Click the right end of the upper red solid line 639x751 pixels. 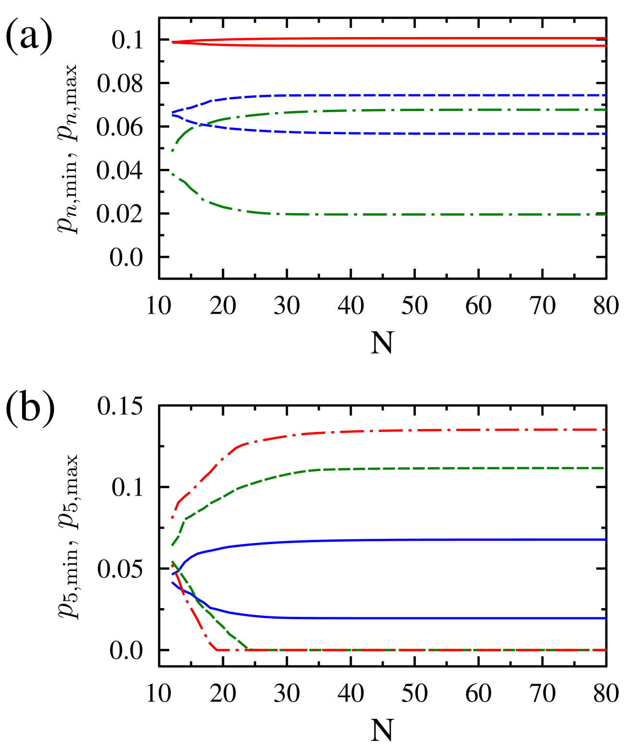pos(605,38)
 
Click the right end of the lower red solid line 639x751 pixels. pos(605,46)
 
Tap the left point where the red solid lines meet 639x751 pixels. pos(173,42)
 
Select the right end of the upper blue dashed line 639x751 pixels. pos(605,95)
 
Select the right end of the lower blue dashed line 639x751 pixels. pos(605,134)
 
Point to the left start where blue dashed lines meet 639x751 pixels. pos(173,113)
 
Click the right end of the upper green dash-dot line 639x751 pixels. pos(605,110)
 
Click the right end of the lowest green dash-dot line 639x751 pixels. pos(605,215)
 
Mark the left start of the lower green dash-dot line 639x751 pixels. pos(173,174)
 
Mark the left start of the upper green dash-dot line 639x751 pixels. pos(173,151)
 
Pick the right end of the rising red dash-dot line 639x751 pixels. pos(605,429)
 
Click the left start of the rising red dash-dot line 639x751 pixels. pos(173,518)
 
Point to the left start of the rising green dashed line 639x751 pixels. pos(173,546)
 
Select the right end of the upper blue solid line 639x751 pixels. pos(605,540)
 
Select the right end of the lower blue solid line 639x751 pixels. pos(605,618)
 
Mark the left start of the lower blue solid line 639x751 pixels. pos(173,583)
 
